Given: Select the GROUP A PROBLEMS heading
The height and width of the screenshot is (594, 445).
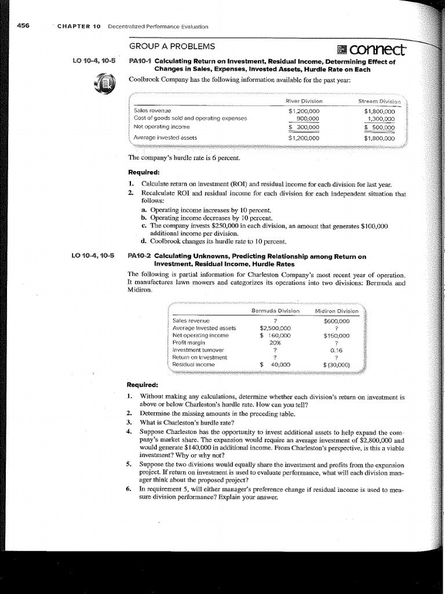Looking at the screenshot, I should [x=172, y=46].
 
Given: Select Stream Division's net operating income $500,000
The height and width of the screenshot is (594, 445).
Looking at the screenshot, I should [x=379, y=128].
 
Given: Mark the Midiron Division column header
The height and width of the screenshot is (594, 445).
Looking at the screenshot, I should [x=337, y=311].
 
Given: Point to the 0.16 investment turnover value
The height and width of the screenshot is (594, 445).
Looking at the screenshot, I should [x=337, y=350].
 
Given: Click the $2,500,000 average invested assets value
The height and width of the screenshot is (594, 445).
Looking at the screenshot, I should [x=275, y=327].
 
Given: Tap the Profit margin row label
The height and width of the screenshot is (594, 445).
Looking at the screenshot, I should [x=188, y=342].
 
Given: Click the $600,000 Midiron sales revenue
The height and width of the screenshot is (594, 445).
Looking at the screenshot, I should [x=336, y=320].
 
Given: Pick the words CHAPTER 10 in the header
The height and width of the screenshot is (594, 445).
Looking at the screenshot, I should [x=79, y=26].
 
